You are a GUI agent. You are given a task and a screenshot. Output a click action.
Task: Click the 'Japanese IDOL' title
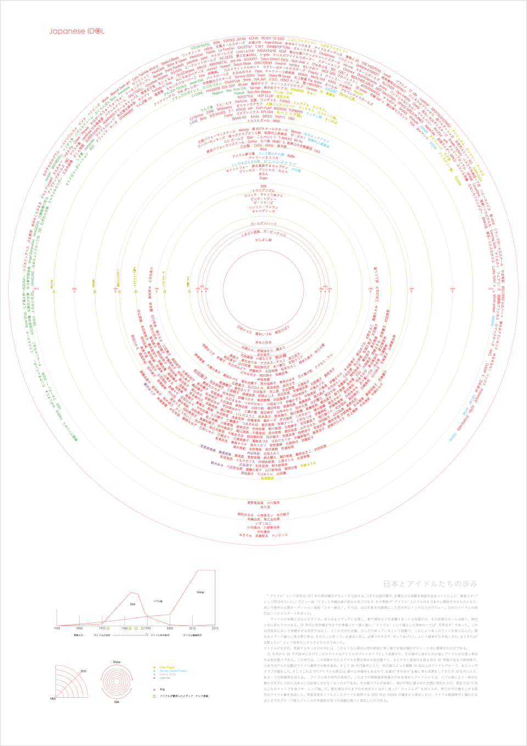(x=76, y=31)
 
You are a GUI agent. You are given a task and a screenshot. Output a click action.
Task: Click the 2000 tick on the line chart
(x=170, y=628)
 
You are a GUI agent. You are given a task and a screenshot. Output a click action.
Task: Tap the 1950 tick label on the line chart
(x=57, y=628)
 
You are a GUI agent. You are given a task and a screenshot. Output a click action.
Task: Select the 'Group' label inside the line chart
(x=200, y=592)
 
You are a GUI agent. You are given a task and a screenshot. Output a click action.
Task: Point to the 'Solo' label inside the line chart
(x=132, y=604)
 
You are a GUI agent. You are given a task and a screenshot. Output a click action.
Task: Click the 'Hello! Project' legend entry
(x=167, y=667)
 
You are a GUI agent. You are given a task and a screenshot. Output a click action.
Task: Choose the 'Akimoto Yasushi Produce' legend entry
(x=173, y=671)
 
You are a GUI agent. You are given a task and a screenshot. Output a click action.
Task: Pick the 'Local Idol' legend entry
(x=165, y=678)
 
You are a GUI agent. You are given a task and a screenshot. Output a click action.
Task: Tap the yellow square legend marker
(x=154, y=696)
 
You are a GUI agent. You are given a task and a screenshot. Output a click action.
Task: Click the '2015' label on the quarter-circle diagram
(x=83, y=671)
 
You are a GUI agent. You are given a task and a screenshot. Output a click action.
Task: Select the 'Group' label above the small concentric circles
(x=116, y=662)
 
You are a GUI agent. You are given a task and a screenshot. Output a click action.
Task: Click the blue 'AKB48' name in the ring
(x=332, y=90)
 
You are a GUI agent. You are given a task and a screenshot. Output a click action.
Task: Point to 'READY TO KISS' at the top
(x=272, y=39)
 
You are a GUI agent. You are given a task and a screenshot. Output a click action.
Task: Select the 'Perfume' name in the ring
(x=241, y=101)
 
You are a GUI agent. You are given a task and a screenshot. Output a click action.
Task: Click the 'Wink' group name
(x=263, y=149)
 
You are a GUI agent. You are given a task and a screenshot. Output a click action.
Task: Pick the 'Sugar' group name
(x=263, y=178)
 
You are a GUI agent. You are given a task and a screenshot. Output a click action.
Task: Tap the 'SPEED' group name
(x=267, y=116)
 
